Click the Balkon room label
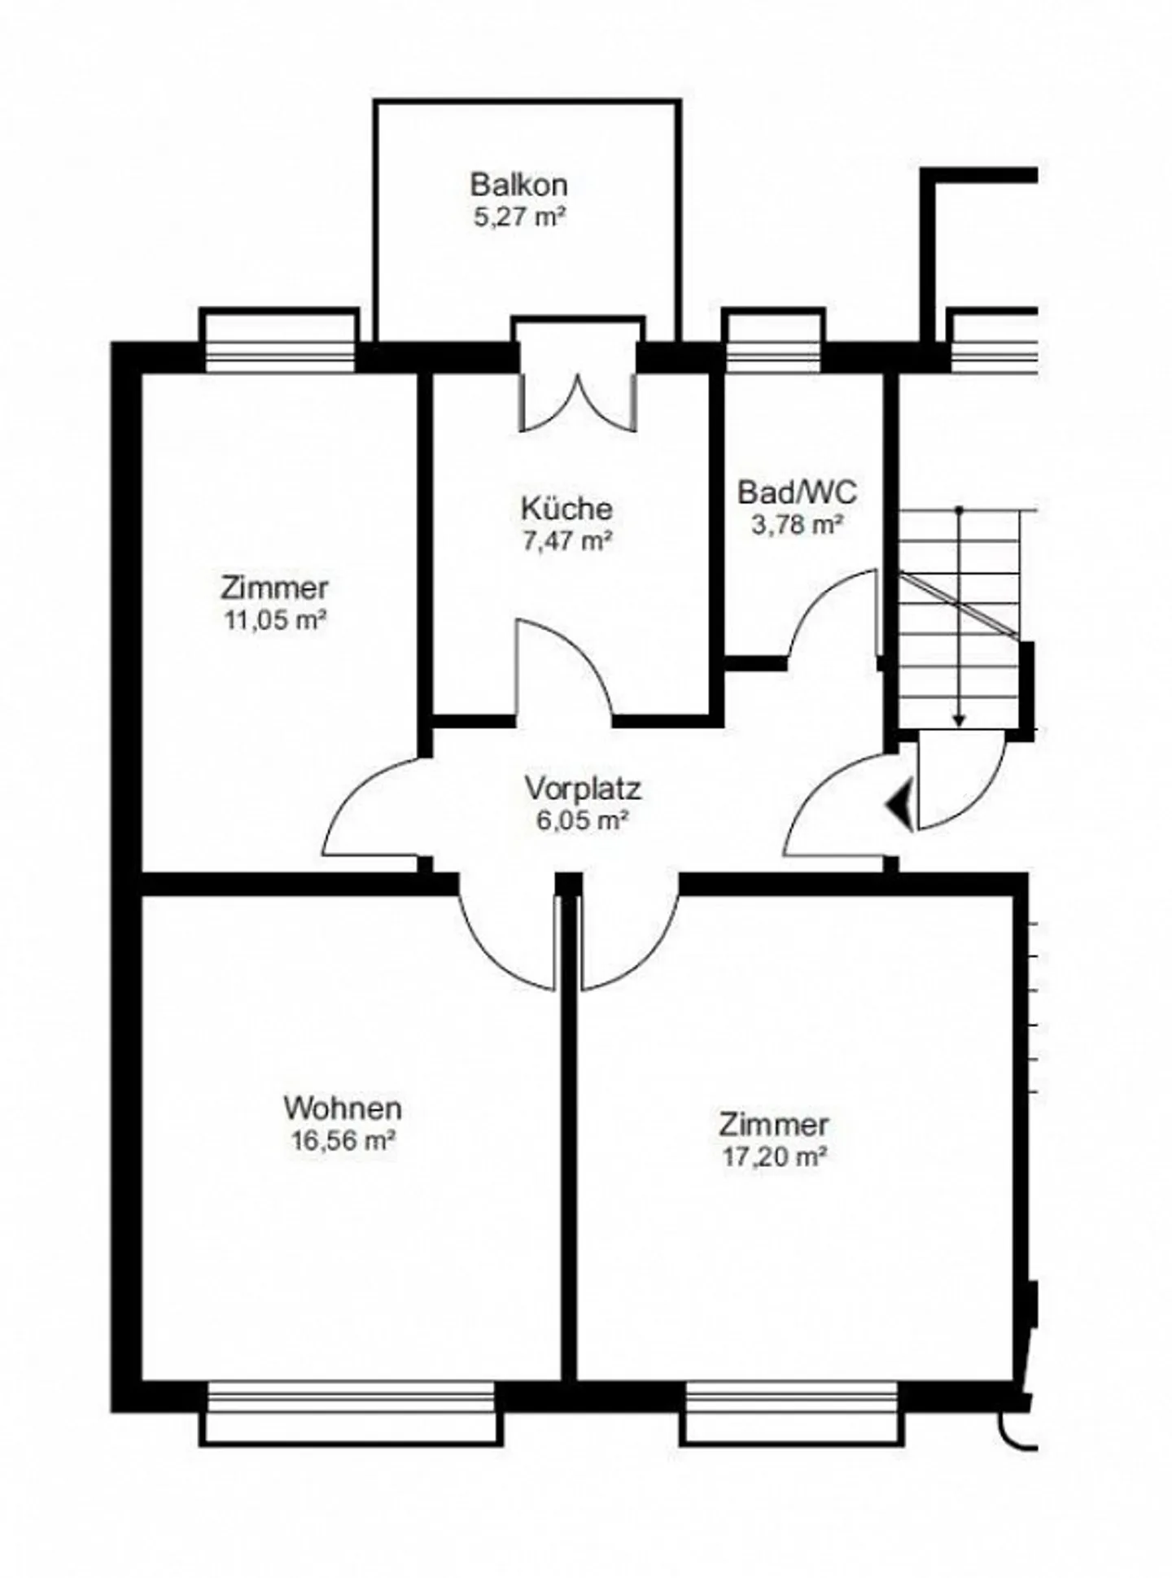pos(518,185)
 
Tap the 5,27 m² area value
pos(518,217)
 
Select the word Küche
pos(566,509)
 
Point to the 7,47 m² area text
pos(566,541)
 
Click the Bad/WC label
pos(797,492)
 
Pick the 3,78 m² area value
pos(797,525)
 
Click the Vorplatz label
pos(582,789)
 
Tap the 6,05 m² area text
pos(582,820)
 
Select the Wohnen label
pos(343,1108)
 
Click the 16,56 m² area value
pos(343,1140)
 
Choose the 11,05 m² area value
pos(275,620)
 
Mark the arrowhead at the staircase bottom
pos(960,719)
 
